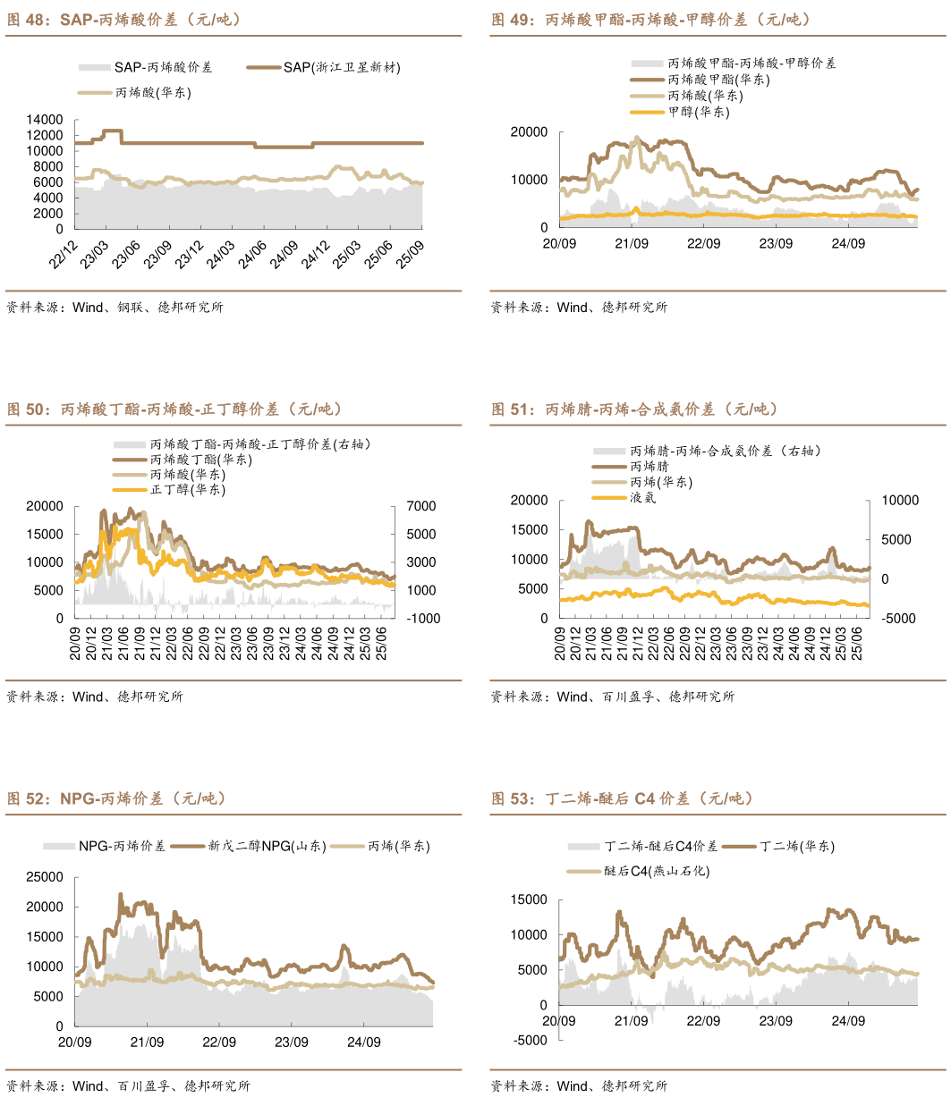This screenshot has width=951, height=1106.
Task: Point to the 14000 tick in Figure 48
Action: (45, 120)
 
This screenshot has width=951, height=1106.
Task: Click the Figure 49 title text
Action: (650, 20)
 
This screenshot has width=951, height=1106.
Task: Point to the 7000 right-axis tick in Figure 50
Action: (421, 506)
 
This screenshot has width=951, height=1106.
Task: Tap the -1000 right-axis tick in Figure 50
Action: (423, 619)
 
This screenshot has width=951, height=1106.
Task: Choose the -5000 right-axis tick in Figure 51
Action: (899, 619)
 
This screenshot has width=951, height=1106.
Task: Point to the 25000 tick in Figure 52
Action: (45, 877)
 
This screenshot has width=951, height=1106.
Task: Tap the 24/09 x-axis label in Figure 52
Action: (364, 1043)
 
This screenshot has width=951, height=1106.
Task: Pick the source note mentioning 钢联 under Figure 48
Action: (115, 308)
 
